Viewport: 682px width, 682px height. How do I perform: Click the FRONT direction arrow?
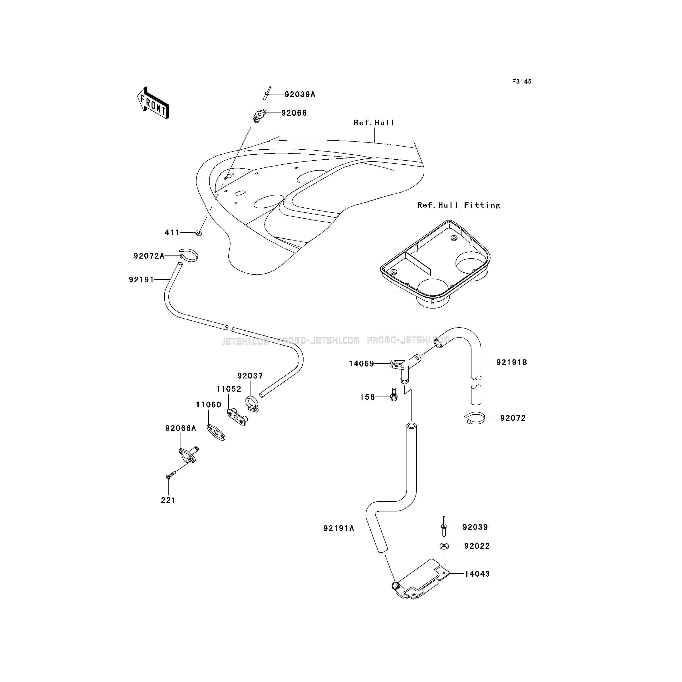pos(153,103)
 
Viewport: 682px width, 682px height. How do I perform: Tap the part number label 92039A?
pos(300,95)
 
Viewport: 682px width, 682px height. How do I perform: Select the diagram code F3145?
pos(522,82)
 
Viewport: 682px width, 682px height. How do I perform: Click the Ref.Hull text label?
pos(374,123)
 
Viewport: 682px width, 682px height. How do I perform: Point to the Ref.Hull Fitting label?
pos(459,205)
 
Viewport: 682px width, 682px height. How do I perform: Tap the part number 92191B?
pos(511,363)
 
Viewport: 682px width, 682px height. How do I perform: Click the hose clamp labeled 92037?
pos(252,404)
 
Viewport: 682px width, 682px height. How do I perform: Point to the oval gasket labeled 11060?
pos(216,432)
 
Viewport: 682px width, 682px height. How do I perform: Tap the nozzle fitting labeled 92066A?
pos(188,454)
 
